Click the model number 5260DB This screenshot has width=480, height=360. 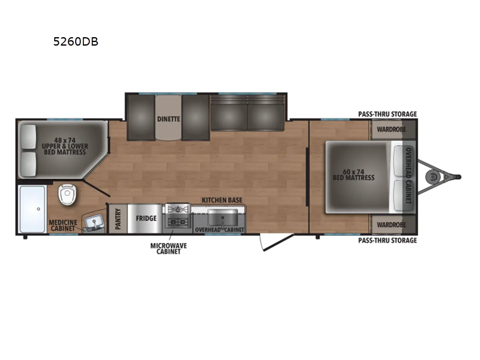76,41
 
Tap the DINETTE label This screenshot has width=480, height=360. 169,119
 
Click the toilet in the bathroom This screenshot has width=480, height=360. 68,194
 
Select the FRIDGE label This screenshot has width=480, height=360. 146,218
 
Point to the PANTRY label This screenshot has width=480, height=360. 118,219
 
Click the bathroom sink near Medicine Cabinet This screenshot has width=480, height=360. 94,223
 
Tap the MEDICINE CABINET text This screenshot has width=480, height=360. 63,226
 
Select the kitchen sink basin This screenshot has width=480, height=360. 223,217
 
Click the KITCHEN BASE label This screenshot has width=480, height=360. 222,200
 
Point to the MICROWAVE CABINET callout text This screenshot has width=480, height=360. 169,248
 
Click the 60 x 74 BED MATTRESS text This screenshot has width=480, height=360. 353,175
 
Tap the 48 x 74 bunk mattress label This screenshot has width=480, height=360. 65,146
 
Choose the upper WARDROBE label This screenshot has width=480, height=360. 392,130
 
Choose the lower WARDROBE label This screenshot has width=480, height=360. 392,225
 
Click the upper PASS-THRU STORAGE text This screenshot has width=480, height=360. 388,114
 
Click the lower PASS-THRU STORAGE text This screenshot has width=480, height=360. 388,241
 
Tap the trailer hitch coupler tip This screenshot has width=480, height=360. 458,177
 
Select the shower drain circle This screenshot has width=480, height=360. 38,209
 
